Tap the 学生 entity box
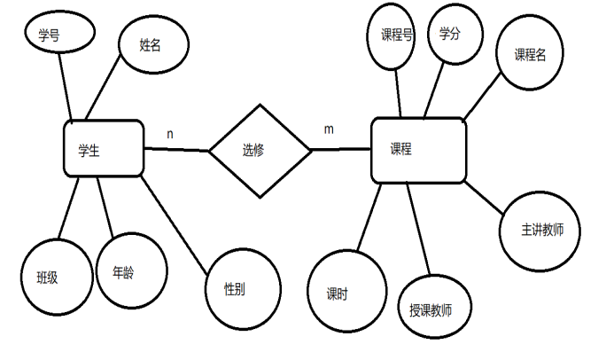(x=104, y=148)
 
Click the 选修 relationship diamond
(x=260, y=150)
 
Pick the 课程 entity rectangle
(x=418, y=150)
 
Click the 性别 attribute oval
(x=243, y=289)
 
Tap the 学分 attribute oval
(x=455, y=34)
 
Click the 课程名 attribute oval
(x=531, y=54)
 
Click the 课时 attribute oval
(x=346, y=293)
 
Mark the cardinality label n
(x=170, y=134)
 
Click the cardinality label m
(x=329, y=129)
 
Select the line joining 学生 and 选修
(x=176, y=150)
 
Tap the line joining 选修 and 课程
(x=341, y=149)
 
